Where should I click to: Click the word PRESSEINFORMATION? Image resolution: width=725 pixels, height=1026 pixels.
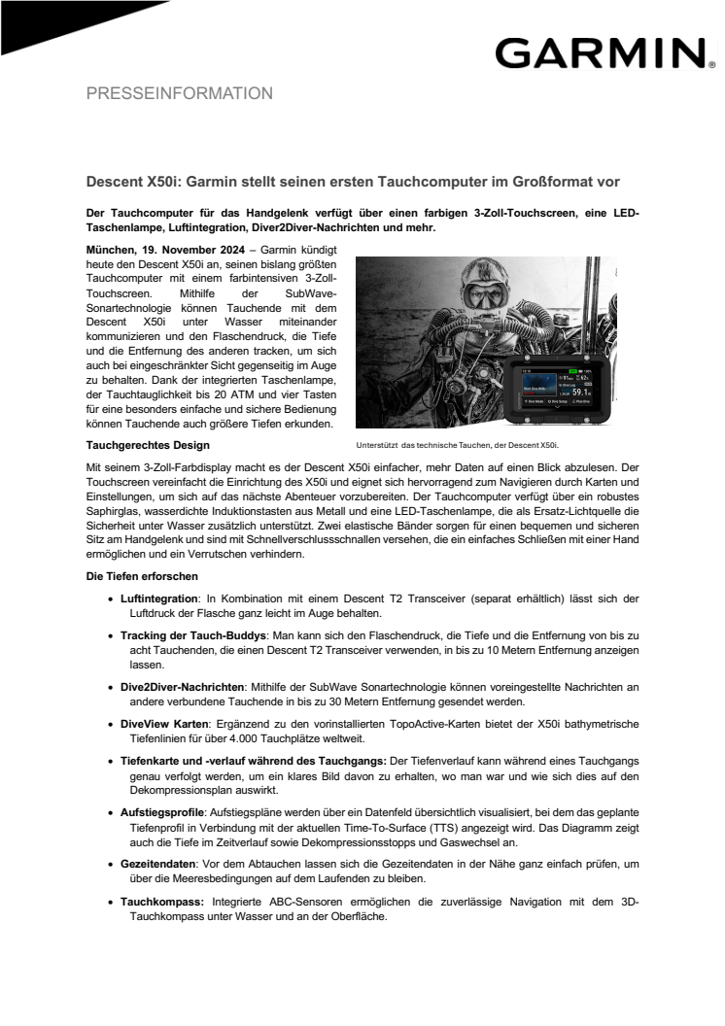[x=180, y=94]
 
